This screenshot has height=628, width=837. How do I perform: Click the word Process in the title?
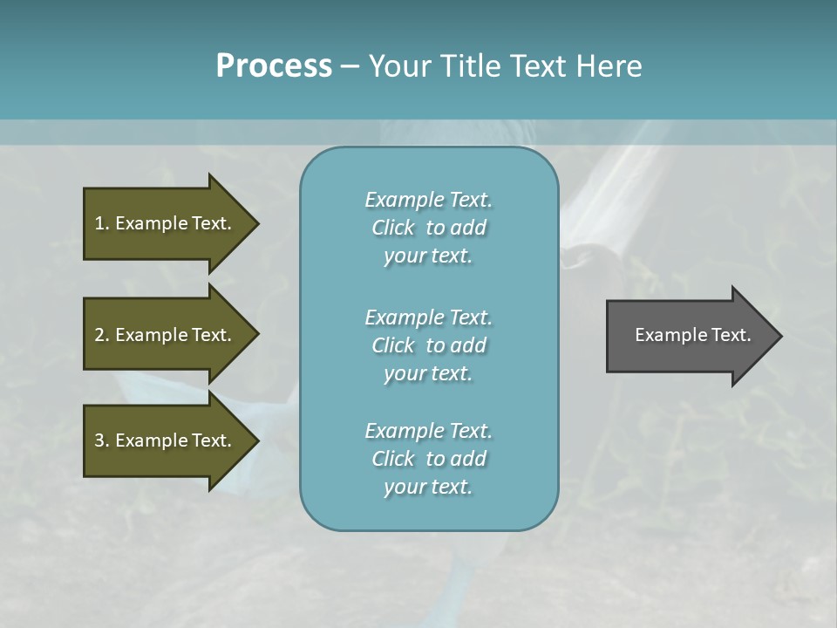click(274, 66)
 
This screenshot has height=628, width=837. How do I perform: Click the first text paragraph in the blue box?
click(428, 228)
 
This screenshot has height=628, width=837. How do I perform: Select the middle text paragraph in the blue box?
click(428, 345)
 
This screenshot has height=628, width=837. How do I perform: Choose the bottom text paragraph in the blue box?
click(428, 459)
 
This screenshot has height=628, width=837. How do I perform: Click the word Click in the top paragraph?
click(392, 228)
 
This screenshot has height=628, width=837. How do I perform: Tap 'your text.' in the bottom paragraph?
click(428, 487)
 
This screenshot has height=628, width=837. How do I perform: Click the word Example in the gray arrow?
click(665, 335)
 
